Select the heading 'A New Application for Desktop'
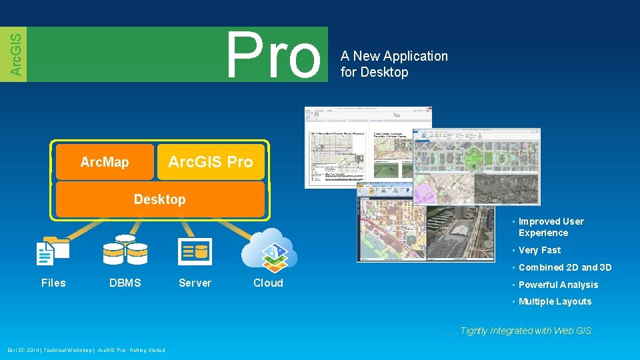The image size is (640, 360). click(394, 64)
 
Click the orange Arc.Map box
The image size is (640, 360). click(105, 162)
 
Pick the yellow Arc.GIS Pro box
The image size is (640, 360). click(211, 162)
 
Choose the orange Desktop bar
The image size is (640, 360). click(160, 199)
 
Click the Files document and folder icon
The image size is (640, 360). click(53, 251)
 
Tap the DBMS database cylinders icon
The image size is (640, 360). click(125, 250)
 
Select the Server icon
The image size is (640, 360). click(195, 251)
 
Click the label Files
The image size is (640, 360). click(53, 283)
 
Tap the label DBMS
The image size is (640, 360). click(125, 283)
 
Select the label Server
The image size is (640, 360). click(195, 283)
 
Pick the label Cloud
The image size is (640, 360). click(268, 283)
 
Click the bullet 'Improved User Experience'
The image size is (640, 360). click(551, 227)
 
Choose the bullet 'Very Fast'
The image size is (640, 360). click(539, 250)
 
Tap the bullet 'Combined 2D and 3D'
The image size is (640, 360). click(565, 267)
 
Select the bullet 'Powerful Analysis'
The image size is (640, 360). click(558, 285)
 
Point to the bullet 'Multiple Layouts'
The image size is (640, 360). click(555, 301)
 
